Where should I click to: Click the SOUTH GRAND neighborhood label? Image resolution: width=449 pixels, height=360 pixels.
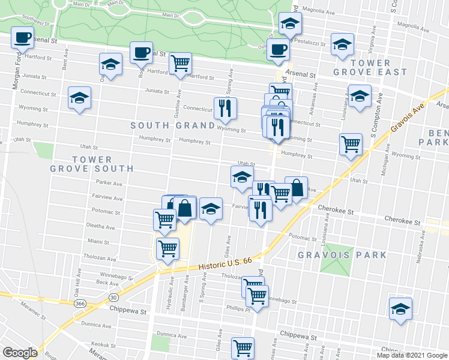173,125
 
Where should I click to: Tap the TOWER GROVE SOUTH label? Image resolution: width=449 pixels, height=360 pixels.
81,164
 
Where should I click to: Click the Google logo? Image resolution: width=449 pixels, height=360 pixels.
20,353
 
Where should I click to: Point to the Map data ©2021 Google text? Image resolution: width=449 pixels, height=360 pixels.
412,355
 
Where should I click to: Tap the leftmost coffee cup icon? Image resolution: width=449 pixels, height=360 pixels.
22,37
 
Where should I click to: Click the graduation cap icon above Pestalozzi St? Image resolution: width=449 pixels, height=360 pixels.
290,24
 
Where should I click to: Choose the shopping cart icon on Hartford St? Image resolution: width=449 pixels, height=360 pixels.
180,63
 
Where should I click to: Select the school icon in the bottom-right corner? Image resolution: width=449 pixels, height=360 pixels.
400,309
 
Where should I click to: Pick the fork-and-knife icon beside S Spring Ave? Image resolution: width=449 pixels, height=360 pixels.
225,108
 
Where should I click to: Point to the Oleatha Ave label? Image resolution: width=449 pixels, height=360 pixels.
101,227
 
